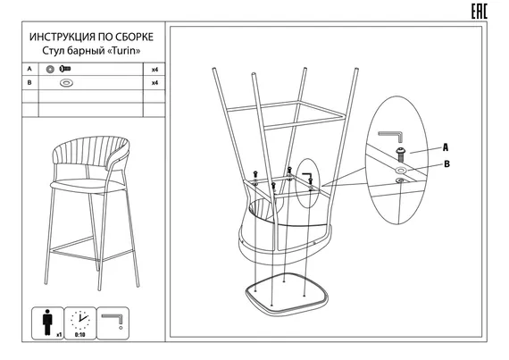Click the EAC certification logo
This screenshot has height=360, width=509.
coord(480,12)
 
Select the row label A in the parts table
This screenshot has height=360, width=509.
coord(29,69)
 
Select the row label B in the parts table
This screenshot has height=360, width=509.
coord(29,83)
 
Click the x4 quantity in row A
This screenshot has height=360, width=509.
coord(154,70)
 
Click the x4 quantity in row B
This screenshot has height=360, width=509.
coord(154,83)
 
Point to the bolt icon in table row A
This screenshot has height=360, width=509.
coord(65,69)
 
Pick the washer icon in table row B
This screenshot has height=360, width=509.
coord(67,83)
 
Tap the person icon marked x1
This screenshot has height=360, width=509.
coord(47,322)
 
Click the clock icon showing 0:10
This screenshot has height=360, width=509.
coord(79,321)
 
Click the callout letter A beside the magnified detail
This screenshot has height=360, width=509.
coord(446,147)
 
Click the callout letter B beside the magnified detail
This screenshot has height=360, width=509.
coord(447,164)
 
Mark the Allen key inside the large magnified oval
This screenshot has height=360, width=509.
coord(391,136)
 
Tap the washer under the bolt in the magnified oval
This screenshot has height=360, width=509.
coord(400,170)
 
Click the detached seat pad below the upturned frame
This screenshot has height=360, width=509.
coord(286,295)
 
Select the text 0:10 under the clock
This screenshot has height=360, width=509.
coord(79,335)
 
